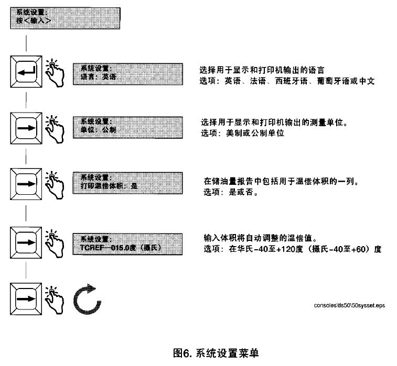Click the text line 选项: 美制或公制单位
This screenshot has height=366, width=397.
(243, 134)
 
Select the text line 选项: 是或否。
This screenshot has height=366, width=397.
(230, 192)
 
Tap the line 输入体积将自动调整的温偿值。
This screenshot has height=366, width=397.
(258, 238)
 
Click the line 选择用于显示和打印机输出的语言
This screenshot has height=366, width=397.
(262, 70)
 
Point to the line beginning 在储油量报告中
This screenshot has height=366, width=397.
(281, 181)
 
